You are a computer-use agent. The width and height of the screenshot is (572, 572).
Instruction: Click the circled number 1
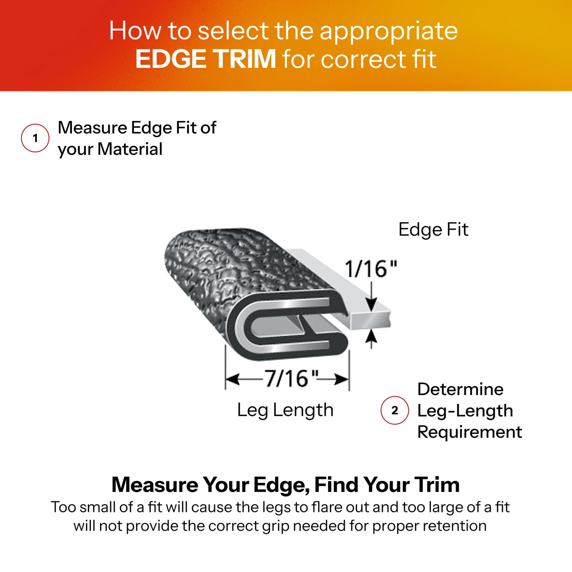pos(35,138)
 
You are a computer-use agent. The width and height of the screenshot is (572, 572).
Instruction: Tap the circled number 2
pos(395,410)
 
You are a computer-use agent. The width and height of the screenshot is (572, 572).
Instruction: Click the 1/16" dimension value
pos(371,269)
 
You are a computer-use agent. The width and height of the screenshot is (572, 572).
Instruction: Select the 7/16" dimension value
pos(291,379)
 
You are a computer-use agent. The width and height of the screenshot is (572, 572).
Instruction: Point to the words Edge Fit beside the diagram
pos(433,230)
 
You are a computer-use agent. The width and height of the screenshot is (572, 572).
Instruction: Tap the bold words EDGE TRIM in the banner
pos(206,59)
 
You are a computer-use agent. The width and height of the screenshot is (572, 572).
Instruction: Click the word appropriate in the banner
pos(389,32)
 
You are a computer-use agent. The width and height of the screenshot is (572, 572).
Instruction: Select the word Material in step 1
pos(130,149)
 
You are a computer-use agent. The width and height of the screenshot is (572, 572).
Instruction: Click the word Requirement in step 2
pos(469,432)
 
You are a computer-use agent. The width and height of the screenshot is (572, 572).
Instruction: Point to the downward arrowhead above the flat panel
pos(371,304)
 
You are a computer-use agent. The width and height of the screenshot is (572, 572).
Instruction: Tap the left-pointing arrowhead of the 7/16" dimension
pos(232,379)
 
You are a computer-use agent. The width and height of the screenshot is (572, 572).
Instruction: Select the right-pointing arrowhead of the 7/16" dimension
pos(341,379)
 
